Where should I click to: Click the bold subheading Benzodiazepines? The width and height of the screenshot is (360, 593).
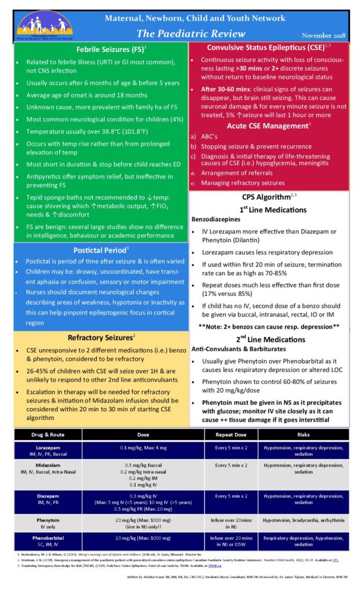[217, 219]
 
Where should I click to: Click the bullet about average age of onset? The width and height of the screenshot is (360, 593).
[87, 94]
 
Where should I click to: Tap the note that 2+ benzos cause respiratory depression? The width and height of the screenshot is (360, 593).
[269, 326]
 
